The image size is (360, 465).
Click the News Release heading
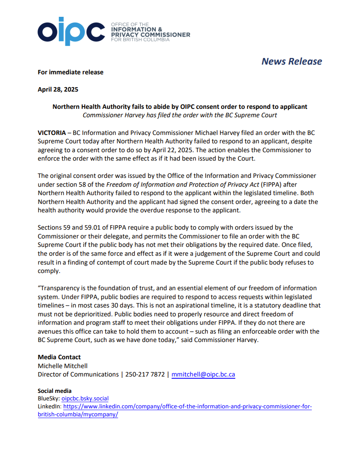pyautogui.click(x=291, y=61)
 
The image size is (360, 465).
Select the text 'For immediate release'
pyautogui.click(x=70, y=72)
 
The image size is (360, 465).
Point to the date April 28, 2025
pyautogui.click(x=58, y=89)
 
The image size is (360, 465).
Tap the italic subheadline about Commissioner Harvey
pyautogui.click(x=180, y=115)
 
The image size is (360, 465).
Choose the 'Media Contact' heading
pyautogui.click(x=59, y=357)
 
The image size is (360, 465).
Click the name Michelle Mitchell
pyautogui.click(x=62, y=366)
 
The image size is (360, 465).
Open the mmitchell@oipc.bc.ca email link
pyautogui.click(x=203, y=374)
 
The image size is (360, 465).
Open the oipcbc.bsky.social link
pyautogui.click(x=85, y=399)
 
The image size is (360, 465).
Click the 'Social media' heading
pyautogui.click(x=55, y=391)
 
